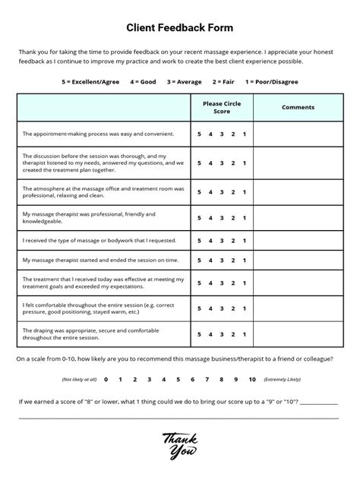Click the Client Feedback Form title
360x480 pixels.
tap(180, 27)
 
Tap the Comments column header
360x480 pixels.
tap(298, 107)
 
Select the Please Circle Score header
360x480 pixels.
tap(222, 107)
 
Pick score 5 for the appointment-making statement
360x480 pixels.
tap(200, 134)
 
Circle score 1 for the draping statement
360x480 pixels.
tap(245, 333)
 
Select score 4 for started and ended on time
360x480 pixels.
tap(210, 260)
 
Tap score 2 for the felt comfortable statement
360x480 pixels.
tap(233, 308)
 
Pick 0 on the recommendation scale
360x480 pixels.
tap(106, 378)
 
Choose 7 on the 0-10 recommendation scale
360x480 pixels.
tap(209, 378)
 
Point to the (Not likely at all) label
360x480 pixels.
tap(80, 378)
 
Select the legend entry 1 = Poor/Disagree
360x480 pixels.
tap(271, 81)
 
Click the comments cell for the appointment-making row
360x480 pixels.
tap(298, 134)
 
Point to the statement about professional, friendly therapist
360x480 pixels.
tap(90, 218)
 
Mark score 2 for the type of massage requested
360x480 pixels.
tap(233, 240)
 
